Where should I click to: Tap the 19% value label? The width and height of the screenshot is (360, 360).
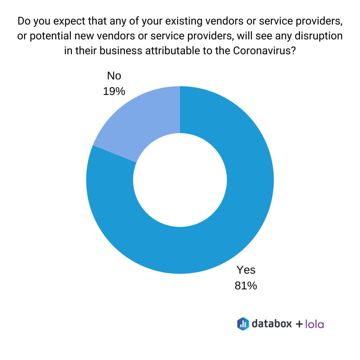point(114,91)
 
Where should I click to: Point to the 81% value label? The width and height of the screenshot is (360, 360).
point(246,286)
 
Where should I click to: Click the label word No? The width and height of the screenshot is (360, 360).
point(114,76)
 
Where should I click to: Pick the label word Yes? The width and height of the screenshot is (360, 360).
point(246,270)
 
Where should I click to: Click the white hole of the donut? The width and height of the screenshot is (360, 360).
point(180,180)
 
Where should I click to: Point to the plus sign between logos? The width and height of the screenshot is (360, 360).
point(299,324)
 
